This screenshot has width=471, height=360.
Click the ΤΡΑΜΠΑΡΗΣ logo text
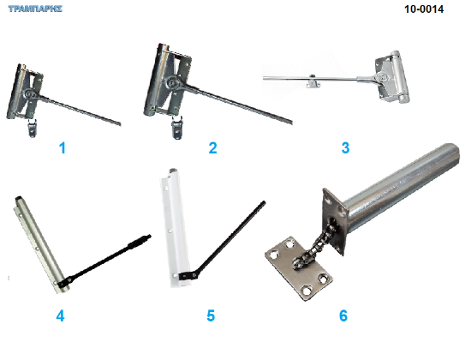35,9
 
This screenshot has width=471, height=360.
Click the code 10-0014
424,9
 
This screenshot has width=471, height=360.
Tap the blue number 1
63,148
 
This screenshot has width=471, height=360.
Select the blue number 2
212,148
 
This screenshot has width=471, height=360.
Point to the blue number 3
345,148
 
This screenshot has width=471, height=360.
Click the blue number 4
60,315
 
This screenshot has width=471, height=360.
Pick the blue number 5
211,315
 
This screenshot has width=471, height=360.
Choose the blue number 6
343,315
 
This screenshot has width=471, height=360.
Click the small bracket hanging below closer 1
32,128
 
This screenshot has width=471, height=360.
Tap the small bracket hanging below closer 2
177,128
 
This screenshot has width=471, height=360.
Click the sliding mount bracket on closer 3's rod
313,81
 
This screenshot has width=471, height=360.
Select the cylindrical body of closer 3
398,77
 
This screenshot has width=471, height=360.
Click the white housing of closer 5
176,227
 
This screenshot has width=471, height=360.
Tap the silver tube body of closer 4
40,244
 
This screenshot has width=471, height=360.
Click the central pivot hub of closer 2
172,81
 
